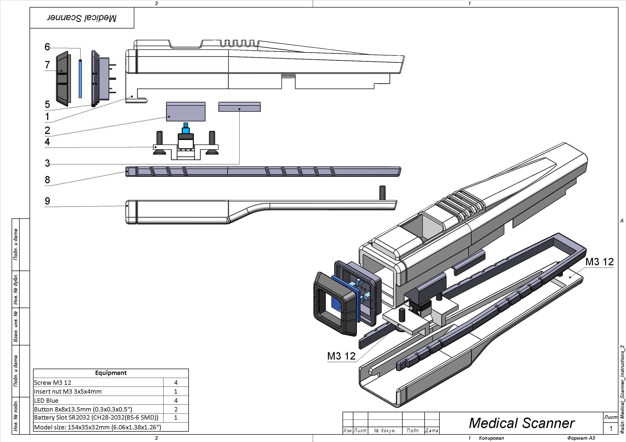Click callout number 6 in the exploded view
[x=47, y=47]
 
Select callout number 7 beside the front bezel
[x=47, y=65]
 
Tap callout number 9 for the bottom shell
[x=47, y=201]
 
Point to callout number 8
[x=47, y=180]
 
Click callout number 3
[x=47, y=163]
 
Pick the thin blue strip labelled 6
[x=81, y=79]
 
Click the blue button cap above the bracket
[x=186, y=129]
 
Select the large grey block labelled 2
[x=186, y=112]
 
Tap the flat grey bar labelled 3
[x=239, y=107]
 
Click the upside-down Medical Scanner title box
[x=82, y=18]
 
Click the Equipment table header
[x=111, y=373]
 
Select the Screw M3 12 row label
[x=53, y=383]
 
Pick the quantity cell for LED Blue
[x=176, y=401]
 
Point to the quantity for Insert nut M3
[x=176, y=392]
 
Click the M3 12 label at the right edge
[x=599, y=262]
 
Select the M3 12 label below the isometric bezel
[x=341, y=356]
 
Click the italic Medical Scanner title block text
[x=521, y=423]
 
